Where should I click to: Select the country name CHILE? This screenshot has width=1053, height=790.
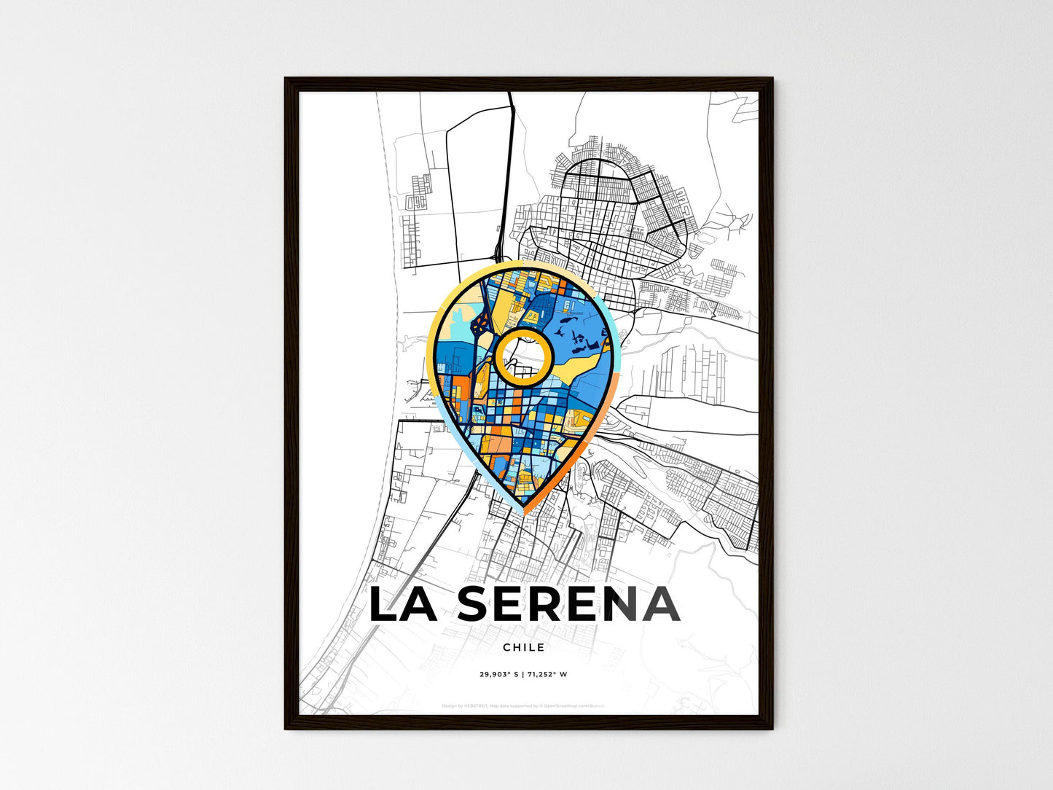point(523,647)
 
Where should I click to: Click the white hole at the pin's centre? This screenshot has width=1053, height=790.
point(522,356)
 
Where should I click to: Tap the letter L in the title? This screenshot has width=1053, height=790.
point(385,604)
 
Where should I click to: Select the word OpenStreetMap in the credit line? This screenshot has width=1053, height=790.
point(560,705)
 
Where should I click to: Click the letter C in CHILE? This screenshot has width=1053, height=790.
point(506,647)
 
